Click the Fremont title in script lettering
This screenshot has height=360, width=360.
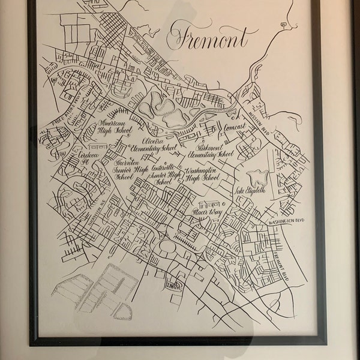point(208,40)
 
